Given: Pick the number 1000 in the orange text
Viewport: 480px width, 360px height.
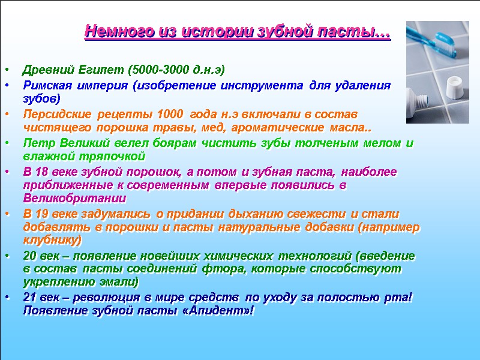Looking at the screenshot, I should (x=170, y=114).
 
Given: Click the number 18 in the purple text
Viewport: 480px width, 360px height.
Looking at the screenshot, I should (x=41, y=172).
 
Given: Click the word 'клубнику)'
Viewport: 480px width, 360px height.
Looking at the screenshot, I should (x=52, y=241).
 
